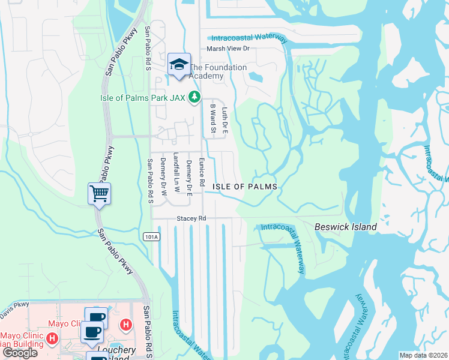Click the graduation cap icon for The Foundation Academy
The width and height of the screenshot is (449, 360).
coord(178,65)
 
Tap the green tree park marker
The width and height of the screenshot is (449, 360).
coord(194,97)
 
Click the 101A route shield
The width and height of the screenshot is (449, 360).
coord(152,237)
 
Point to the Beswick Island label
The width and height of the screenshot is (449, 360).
coord(346,227)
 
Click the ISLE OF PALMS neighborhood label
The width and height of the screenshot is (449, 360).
coord(245,187)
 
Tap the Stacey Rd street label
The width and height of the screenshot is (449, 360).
coord(191,219)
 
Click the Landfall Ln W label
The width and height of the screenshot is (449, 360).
coord(176,172)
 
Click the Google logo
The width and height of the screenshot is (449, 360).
coord(19,353)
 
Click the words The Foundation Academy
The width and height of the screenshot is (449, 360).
coord(218,71)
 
